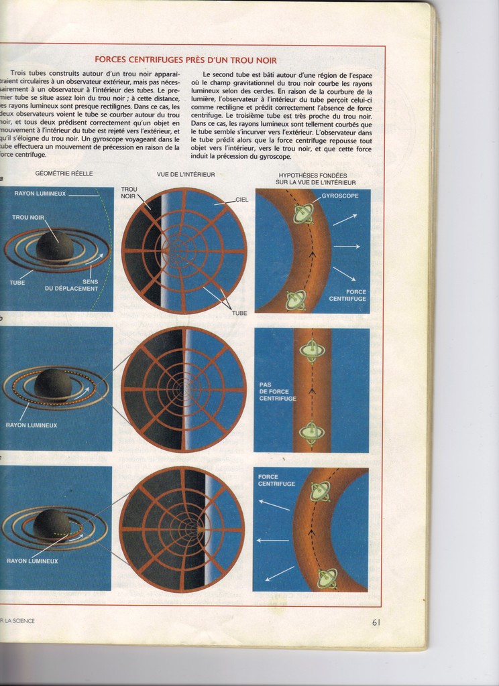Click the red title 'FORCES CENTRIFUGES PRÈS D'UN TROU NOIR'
tap(185, 60)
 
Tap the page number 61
tap(376, 622)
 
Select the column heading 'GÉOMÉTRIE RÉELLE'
tap(64, 174)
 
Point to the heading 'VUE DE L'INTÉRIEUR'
tap(186, 174)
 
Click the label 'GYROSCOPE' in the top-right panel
tap(339, 196)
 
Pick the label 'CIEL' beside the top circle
tap(241, 199)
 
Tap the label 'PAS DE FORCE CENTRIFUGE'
tap(277, 391)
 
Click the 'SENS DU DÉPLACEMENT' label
tap(71, 285)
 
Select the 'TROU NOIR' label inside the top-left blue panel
tap(28, 217)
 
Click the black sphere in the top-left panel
tap(55, 246)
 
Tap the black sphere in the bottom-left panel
tap(50, 523)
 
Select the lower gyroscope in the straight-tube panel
tap(311, 432)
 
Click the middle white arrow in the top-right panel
tap(346, 247)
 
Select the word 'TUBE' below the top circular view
tap(239, 312)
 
